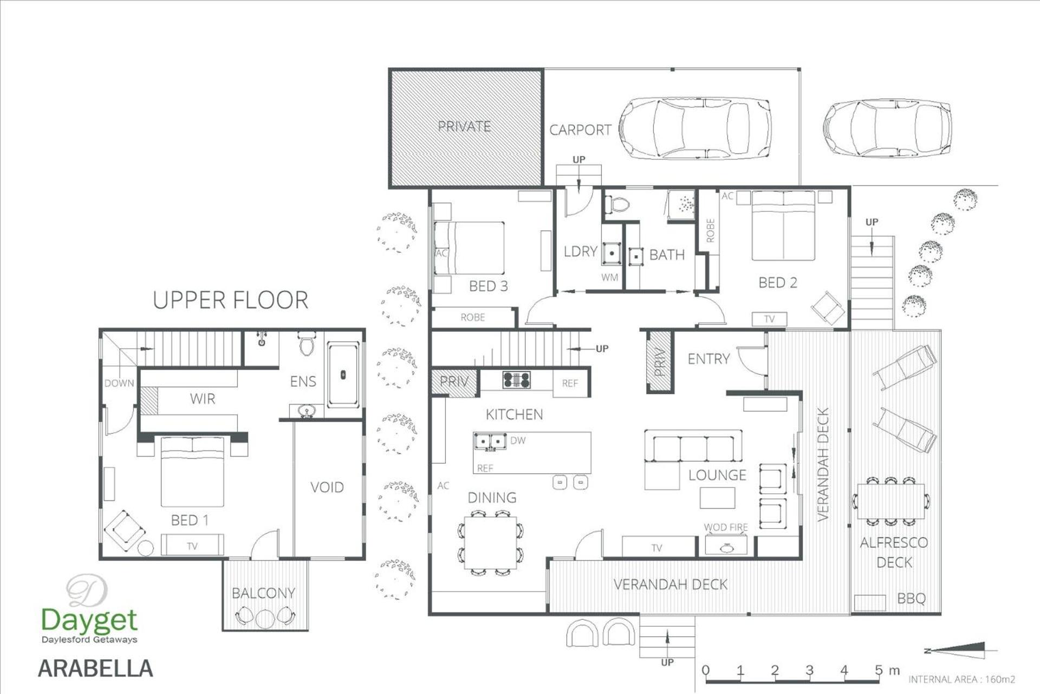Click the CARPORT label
click(580, 130)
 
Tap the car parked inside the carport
click(695, 128)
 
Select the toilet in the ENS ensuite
click(307, 344)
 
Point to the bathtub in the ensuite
click(343, 375)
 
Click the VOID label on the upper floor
click(327, 487)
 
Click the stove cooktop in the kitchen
click(517, 380)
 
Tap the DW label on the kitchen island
click(518, 440)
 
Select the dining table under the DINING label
click(491, 543)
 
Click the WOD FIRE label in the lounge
click(726, 527)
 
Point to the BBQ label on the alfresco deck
click(912, 599)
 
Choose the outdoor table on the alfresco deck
click(891, 502)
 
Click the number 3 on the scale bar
click(809, 671)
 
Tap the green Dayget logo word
click(90, 620)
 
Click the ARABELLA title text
click(95, 669)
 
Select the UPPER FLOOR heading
click(231, 300)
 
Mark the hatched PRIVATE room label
click(464, 126)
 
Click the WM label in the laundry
click(609, 278)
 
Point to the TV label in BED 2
click(769, 319)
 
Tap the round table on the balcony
click(265, 619)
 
